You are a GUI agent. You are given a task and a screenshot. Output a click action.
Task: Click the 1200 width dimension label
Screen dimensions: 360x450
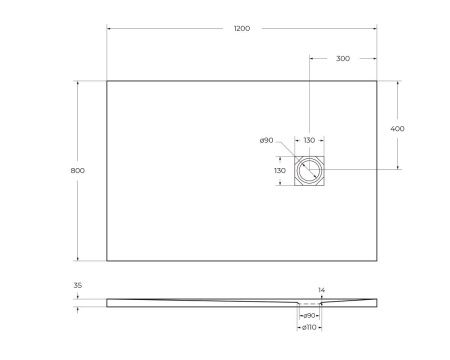coord(241,29)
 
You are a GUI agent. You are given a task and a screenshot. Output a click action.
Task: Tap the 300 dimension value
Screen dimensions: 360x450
coord(342,59)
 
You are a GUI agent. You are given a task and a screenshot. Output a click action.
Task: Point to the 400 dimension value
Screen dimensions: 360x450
coord(398,129)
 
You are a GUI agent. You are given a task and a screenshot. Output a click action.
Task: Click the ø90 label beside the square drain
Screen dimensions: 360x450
coord(266,141)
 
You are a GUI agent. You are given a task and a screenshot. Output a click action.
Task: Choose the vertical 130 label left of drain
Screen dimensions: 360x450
coord(281,171)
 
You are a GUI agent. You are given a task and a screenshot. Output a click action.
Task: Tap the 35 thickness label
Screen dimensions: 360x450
coord(78,285)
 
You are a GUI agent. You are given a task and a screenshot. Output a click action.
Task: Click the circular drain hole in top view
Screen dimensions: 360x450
coord(309,171)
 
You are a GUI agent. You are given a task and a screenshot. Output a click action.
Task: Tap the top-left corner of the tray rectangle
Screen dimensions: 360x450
coord(107,81)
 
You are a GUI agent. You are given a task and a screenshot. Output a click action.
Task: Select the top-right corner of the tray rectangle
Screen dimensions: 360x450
coord(376,81)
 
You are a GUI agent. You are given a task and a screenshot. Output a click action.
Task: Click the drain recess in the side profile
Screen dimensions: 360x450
coord(309,300)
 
